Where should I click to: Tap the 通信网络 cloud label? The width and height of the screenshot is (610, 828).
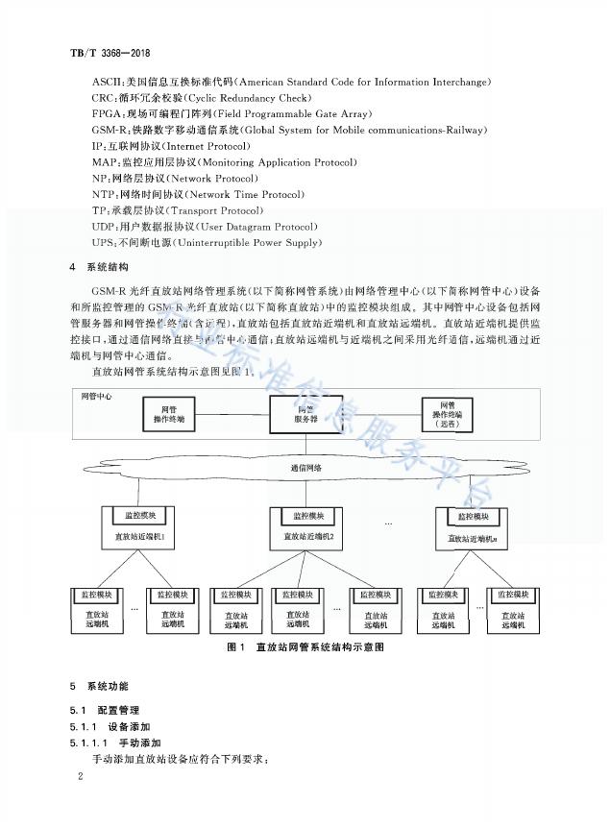point(306,468)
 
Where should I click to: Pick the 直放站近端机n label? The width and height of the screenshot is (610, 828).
point(465,539)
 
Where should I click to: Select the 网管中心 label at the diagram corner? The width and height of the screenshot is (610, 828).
point(93,395)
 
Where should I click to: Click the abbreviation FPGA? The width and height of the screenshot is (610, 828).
point(108,113)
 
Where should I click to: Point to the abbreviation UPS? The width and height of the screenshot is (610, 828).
point(103,243)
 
